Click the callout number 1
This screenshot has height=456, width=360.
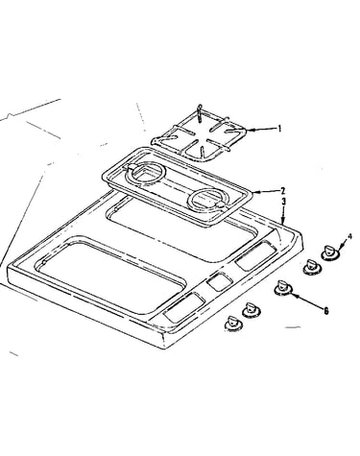pos(279,129)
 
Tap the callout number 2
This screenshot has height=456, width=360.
pos(282,191)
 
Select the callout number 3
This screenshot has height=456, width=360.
pos(283,202)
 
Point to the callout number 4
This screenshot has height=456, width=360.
pos(349,236)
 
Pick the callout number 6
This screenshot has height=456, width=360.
pos(325,311)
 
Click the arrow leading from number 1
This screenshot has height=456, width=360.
pos(262,130)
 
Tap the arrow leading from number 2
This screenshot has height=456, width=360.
pos(266,192)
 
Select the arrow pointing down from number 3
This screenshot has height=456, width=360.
pos(282,215)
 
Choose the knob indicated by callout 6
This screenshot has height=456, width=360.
pos(283,287)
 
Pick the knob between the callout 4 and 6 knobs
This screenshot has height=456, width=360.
pos(311,267)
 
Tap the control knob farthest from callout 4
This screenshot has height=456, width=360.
pos(233,324)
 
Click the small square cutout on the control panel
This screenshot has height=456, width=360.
pos(219,281)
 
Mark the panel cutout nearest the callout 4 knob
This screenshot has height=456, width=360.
pos(256,255)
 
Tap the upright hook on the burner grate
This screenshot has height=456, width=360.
pos(200,113)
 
